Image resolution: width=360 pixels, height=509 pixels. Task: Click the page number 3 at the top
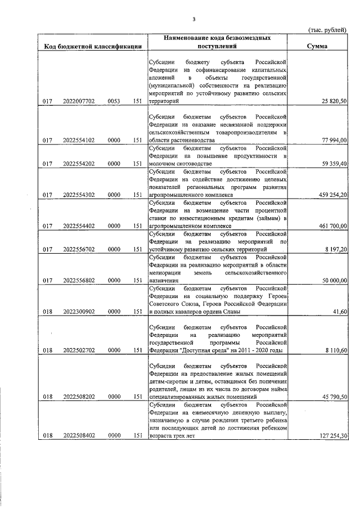pyautogui.click(x=194, y=19)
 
